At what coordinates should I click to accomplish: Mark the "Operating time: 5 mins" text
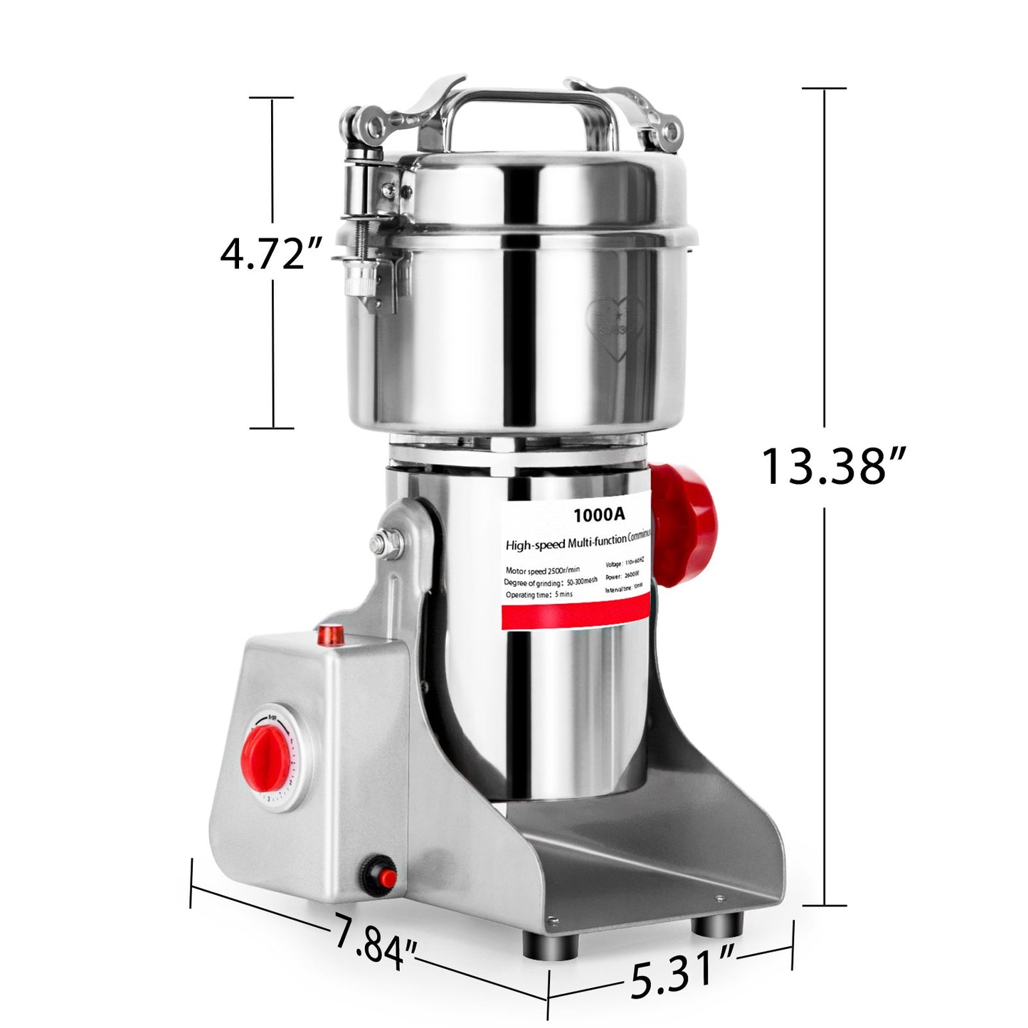click(x=539, y=595)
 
